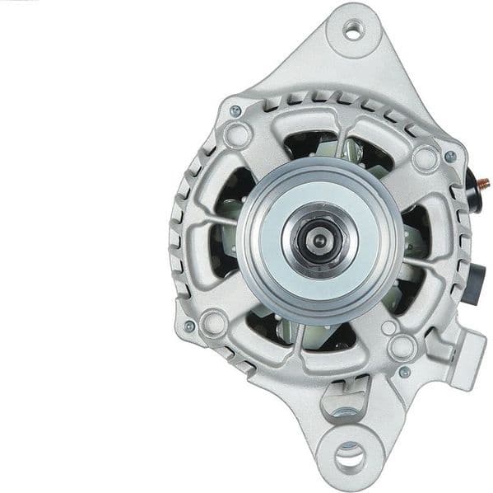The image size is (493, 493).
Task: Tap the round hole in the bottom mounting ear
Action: click(350, 453)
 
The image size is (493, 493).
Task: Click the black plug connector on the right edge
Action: click(482, 273)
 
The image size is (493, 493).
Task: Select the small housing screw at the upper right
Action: click(450, 157)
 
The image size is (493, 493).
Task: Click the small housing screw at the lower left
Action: click(189, 326)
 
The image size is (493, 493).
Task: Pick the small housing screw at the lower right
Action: click(404, 372)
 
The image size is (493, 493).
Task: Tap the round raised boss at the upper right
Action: click(425, 157)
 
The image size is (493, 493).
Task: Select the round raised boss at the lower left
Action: click(214, 322)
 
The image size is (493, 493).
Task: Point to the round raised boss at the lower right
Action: click(401, 345)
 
